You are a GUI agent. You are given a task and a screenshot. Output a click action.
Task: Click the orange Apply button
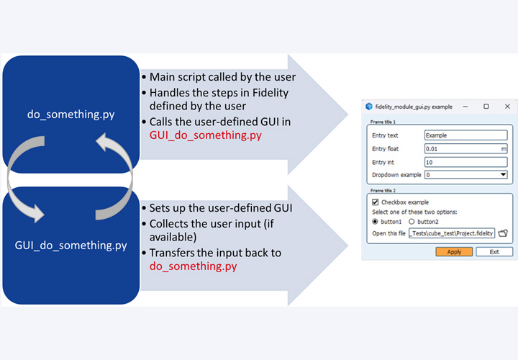tap(454, 252)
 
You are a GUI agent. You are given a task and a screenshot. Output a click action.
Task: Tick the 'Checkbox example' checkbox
tap(376, 202)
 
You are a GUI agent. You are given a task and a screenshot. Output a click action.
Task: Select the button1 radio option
tap(376, 222)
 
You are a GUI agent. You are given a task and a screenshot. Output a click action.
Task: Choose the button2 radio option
tap(412, 222)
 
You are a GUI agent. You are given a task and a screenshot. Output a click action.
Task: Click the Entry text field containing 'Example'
tap(465, 135)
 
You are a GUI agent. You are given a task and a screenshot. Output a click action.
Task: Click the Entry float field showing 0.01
tap(465, 148)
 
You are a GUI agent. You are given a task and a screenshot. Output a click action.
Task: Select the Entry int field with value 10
tap(465, 162)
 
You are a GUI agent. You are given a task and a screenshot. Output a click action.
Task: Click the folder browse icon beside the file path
tap(504, 233)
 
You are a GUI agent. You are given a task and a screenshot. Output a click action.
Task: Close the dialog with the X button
tap(507, 107)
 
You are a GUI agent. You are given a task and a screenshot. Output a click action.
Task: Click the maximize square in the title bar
tap(486, 107)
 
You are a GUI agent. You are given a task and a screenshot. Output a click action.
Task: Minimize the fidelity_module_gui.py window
tap(465, 107)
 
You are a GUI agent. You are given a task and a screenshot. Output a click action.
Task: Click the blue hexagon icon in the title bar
tap(369, 107)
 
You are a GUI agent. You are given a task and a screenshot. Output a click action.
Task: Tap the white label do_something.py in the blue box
tap(71, 113)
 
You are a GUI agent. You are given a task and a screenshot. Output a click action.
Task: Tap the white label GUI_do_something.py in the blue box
tap(71, 246)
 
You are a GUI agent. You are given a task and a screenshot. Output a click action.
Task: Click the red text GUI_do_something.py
tap(206, 135)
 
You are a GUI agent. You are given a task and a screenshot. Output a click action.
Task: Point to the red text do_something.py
tap(193, 266)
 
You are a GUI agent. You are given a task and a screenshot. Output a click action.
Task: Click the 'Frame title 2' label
tap(383, 191)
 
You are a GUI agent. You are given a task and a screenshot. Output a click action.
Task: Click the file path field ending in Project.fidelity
tap(451, 233)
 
